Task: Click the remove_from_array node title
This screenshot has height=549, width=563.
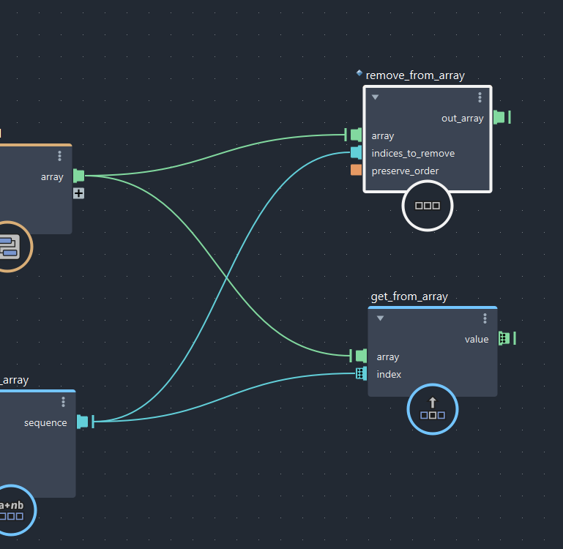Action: pos(414,75)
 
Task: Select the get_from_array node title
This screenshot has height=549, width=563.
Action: pos(409,296)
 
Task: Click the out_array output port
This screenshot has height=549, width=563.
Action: pos(499,117)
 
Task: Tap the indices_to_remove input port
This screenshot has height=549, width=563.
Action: pos(356,152)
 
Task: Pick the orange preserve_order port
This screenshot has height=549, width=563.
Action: pos(356,170)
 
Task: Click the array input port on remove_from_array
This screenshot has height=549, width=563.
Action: pos(356,135)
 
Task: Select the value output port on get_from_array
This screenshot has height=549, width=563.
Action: pos(504,338)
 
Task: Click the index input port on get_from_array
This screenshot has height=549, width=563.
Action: pos(360,374)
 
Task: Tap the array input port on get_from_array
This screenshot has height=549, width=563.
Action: pos(361,356)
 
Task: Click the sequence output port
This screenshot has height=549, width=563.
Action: pos(83,422)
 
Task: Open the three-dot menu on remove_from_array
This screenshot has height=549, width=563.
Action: pos(480,97)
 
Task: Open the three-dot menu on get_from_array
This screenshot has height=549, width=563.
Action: pos(485,318)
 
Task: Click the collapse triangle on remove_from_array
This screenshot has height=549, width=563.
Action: pos(375,97)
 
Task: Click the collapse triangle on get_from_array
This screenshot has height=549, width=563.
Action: pos(380,318)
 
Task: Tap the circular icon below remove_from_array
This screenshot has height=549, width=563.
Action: pos(428,206)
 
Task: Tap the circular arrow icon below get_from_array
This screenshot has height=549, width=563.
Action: pos(432,408)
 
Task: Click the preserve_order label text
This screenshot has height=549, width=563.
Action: pos(405,171)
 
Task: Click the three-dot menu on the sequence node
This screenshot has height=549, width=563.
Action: pos(64,402)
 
